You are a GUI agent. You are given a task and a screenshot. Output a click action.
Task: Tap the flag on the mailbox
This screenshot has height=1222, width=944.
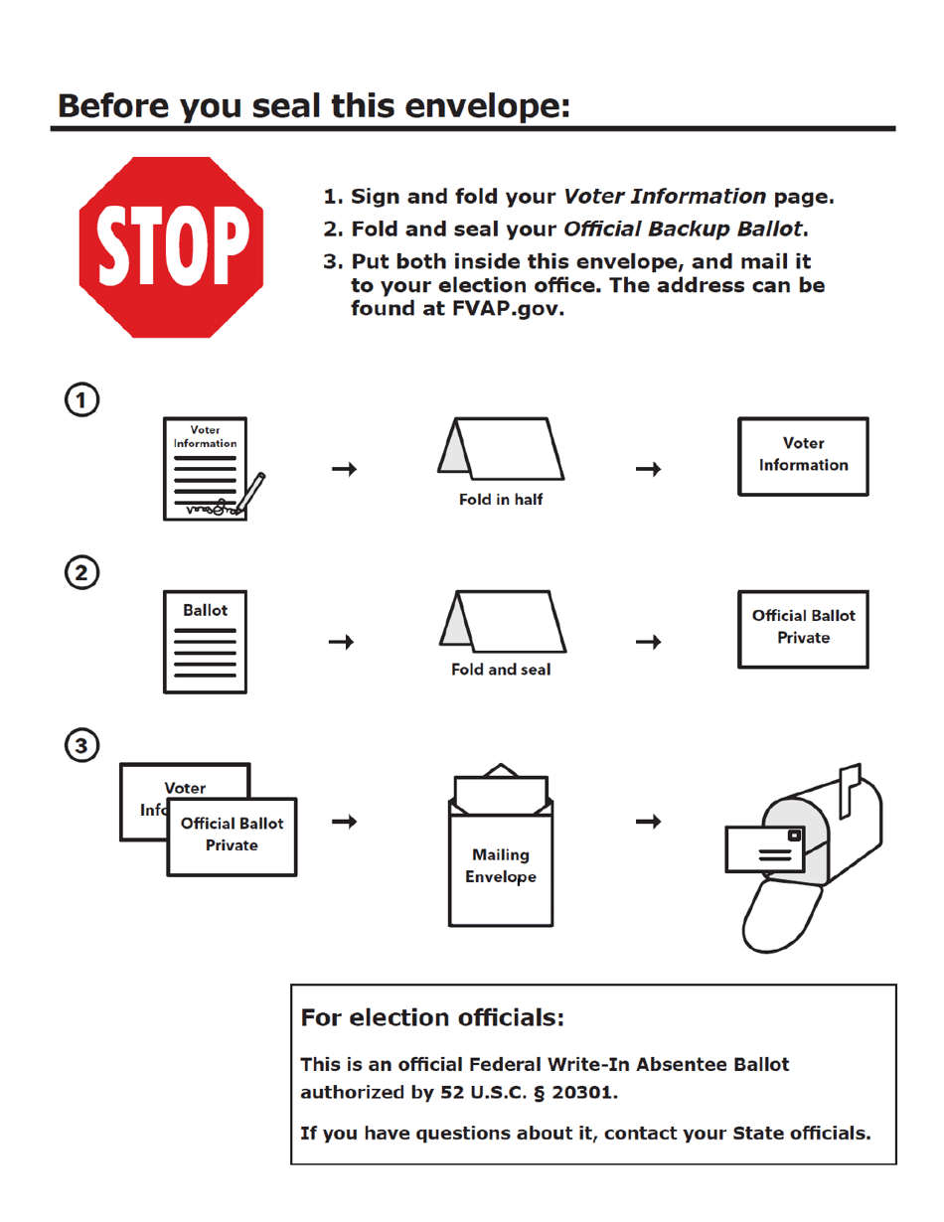850,790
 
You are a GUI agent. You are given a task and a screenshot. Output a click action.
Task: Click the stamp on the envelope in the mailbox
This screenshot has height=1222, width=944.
793,837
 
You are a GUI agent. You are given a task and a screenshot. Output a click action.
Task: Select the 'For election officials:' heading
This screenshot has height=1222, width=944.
432,1018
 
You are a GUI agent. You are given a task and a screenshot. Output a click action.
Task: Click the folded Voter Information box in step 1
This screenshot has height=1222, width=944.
803,455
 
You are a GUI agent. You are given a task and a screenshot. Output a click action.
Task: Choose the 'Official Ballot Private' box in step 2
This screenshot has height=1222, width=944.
803,628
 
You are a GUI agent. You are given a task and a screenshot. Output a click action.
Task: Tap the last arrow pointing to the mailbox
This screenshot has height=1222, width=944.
649,822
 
